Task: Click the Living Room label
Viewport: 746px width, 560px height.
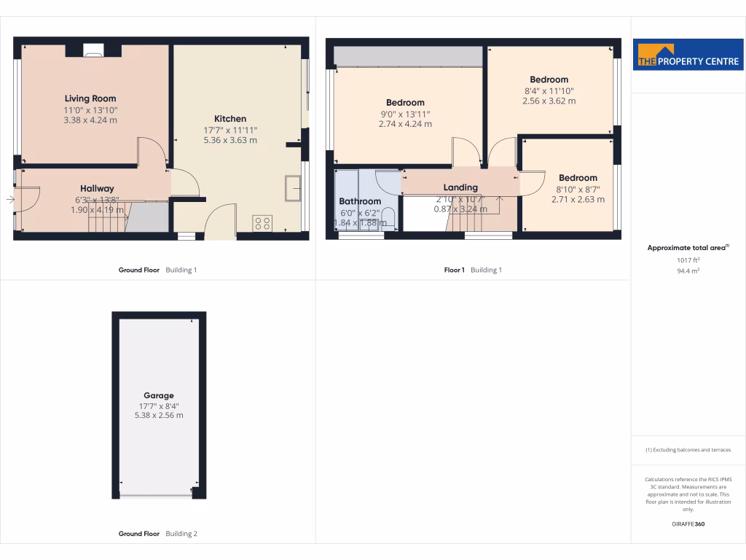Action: pos(90,98)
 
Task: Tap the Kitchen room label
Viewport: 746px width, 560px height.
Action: pos(230,119)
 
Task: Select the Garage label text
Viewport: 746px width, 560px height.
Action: pos(158,396)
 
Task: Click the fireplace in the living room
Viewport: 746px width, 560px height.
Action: pos(93,50)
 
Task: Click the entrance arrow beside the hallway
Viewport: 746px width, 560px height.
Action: pos(10,199)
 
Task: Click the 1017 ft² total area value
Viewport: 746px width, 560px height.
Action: pos(688,260)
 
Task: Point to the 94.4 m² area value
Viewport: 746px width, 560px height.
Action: pos(688,270)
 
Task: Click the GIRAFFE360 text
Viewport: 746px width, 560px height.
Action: pos(688,524)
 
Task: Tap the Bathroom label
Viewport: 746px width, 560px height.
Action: pos(360,201)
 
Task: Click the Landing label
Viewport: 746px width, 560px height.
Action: pos(460,187)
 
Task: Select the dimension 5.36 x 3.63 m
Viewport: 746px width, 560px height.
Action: pos(230,140)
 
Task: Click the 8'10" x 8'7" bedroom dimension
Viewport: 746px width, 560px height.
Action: pos(578,189)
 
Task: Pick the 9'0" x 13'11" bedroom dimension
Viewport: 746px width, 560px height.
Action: pos(405,114)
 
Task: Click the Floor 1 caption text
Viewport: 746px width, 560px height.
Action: pos(454,270)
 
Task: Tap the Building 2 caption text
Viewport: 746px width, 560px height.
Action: pos(181,534)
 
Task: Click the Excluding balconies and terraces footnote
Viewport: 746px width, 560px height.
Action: pos(688,450)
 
